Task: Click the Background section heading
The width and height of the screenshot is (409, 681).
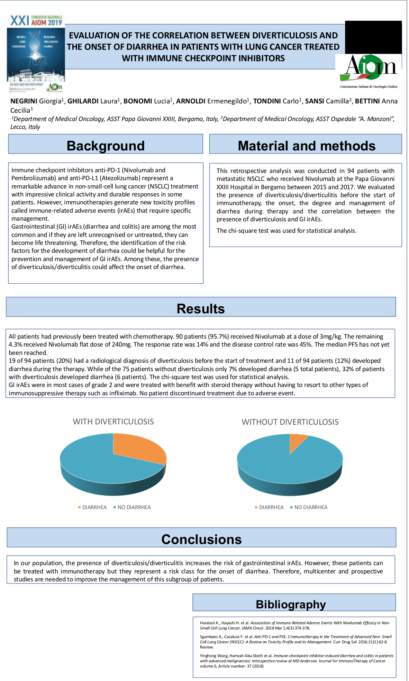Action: [106, 146]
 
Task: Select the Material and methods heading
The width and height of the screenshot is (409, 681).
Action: [307, 146]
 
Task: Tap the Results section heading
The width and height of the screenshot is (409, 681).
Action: [201, 309]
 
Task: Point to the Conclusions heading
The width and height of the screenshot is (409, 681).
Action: [201, 539]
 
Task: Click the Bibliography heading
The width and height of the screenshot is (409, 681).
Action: [291, 604]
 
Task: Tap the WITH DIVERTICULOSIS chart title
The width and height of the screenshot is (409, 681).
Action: [113, 422]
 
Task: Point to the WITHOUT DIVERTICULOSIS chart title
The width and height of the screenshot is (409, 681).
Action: [290, 422]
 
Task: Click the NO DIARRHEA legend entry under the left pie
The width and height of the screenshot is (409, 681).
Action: [134, 507]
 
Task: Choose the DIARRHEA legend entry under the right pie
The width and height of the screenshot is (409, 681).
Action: [271, 507]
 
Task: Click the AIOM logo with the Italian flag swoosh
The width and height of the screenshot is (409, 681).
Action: [369, 71]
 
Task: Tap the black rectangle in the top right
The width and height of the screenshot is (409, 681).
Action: [373, 36]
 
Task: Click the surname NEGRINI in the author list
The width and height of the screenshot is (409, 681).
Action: [24, 101]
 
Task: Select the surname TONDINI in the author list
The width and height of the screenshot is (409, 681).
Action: [267, 101]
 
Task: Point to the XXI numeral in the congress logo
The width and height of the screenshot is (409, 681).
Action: [19, 21]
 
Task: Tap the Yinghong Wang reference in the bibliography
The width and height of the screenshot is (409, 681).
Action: [296, 661]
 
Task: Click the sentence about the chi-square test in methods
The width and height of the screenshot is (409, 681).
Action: [287, 231]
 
